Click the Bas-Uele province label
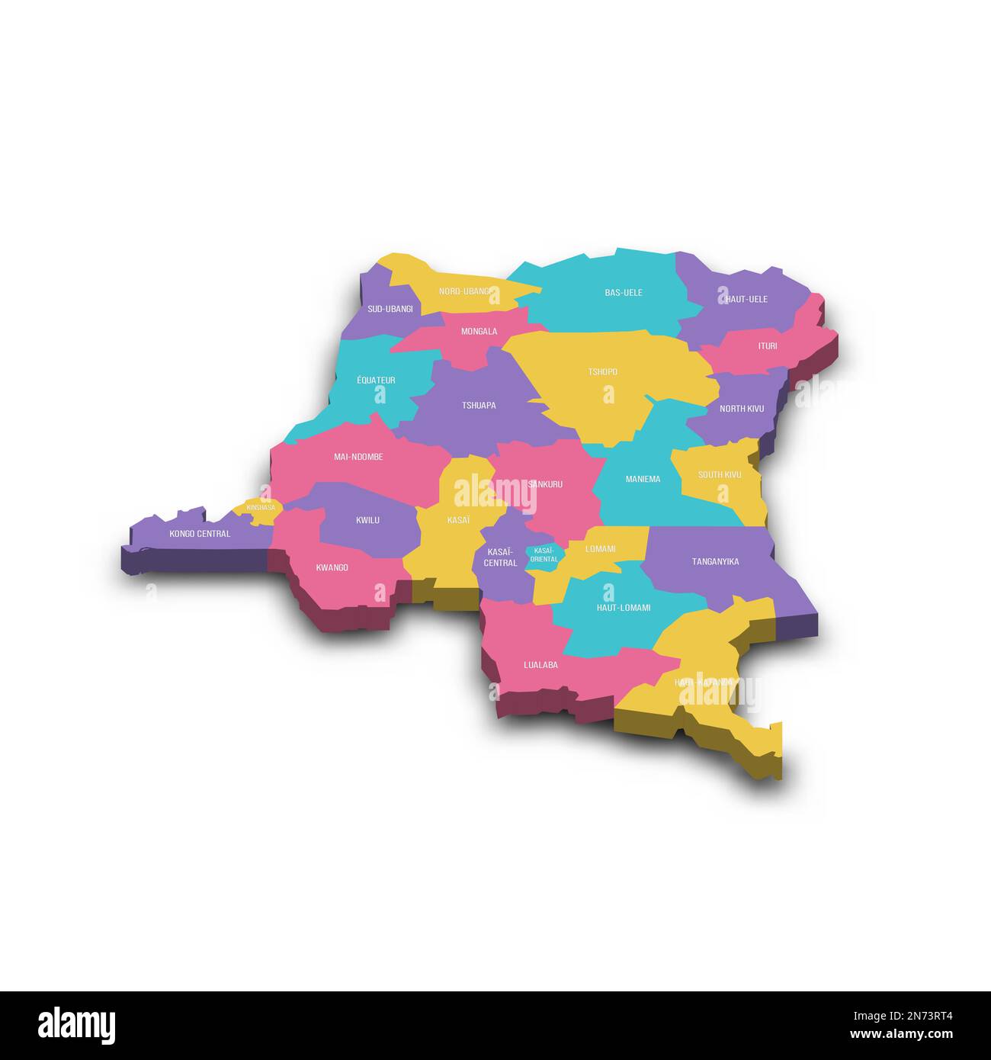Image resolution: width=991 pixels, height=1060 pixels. (x=623, y=292)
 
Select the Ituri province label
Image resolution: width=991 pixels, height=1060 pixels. (x=767, y=346)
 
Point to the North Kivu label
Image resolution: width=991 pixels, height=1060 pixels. (x=741, y=409)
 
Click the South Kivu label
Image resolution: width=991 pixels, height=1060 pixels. (x=719, y=474)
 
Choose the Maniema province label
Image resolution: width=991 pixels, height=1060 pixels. (x=643, y=479)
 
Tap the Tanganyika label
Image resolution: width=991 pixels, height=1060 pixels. (x=714, y=562)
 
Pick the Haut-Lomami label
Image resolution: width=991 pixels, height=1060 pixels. (x=623, y=608)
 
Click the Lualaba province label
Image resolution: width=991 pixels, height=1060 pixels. (x=540, y=665)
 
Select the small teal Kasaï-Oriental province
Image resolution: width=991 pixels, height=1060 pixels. (x=544, y=554)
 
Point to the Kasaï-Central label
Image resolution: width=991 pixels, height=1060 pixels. (x=500, y=557)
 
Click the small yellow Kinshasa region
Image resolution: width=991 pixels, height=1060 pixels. (x=260, y=509)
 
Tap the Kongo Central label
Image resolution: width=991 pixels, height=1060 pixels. (x=199, y=534)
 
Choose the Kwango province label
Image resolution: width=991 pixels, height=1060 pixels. (x=332, y=567)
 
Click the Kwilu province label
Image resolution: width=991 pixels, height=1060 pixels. (x=367, y=520)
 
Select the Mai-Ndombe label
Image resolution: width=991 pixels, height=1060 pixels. (x=358, y=457)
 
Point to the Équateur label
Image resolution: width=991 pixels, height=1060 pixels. (x=376, y=380)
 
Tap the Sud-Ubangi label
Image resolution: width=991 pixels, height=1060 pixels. (x=390, y=309)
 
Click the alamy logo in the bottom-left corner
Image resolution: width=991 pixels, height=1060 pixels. (x=76, y=1024)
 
